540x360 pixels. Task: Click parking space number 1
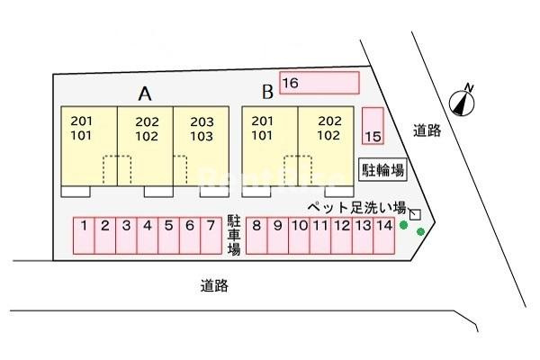(x=84, y=236)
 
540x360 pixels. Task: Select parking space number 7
(x=211, y=236)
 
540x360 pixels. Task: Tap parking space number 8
(x=256, y=236)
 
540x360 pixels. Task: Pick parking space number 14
(x=384, y=236)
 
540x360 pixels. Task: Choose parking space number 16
(x=319, y=83)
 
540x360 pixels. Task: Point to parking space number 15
(x=373, y=126)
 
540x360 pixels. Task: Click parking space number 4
(x=148, y=236)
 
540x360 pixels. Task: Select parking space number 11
(x=320, y=236)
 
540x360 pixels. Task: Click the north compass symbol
(x=463, y=101)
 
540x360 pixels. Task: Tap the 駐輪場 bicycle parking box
(x=383, y=169)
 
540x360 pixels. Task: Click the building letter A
(x=145, y=94)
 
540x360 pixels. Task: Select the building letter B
(x=267, y=92)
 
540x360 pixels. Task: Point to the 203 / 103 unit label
(x=202, y=129)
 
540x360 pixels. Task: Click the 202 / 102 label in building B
(x=329, y=128)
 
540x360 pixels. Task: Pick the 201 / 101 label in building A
(x=82, y=128)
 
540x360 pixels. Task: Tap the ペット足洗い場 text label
(x=356, y=208)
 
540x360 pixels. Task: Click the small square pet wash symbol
(x=415, y=214)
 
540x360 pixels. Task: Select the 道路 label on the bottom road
(x=214, y=286)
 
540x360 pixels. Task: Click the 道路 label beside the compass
(x=427, y=130)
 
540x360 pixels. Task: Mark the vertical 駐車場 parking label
(x=234, y=236)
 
